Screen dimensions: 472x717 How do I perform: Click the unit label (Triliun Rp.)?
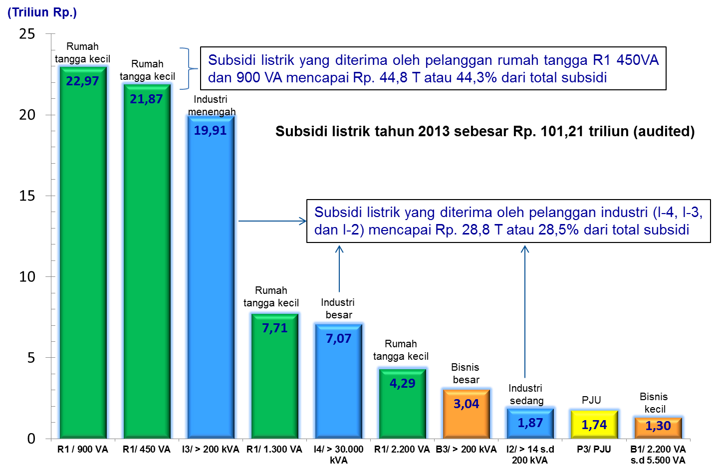click(42, 12)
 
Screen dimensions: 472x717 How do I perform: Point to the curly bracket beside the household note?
click(187, 69)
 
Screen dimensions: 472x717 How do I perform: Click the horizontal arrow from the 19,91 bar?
click(272, 221)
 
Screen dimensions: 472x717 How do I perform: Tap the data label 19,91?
click(210, 131)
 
